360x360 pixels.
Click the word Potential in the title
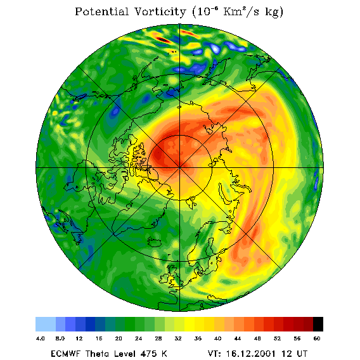[x=101, y=12]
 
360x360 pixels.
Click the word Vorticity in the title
[x=160, y=12]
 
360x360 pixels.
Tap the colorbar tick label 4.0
[x=40, y=338]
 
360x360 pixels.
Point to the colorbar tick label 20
[x=119, y=338]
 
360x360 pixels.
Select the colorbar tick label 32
[x=178, y=338]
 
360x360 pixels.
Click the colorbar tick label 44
[x=238, y=338]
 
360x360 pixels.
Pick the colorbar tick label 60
[x=317, y=338]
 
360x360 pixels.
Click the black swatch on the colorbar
[x=318, y=324]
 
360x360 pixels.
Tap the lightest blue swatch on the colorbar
[x=46, y=324]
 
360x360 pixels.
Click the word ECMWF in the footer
[x=66, y=354]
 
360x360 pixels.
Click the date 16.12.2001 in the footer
[x=251, y=354]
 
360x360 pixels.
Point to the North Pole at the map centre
[x=179, y=168]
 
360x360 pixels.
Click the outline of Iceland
[x=157, y=241]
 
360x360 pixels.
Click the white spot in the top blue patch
[x=215, y=49]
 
